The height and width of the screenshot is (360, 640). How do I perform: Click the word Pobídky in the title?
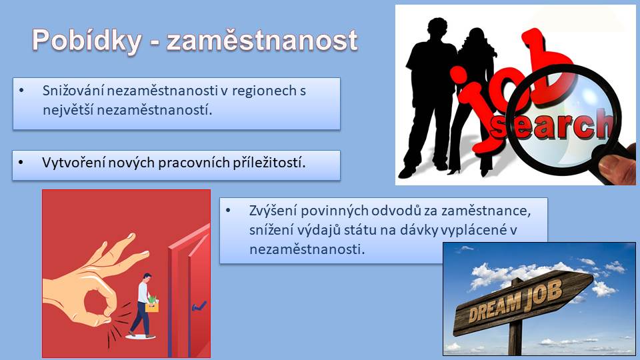(x=87, y=41)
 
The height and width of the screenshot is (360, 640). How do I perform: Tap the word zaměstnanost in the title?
(x=262, y=41)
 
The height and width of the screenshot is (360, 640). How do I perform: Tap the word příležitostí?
(x=269, y=163)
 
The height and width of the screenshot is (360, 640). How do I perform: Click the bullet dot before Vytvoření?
(x=21, y=163)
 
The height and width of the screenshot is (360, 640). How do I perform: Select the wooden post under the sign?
(x=516, y=338)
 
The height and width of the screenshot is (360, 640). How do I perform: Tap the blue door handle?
(x=199, y=306)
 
